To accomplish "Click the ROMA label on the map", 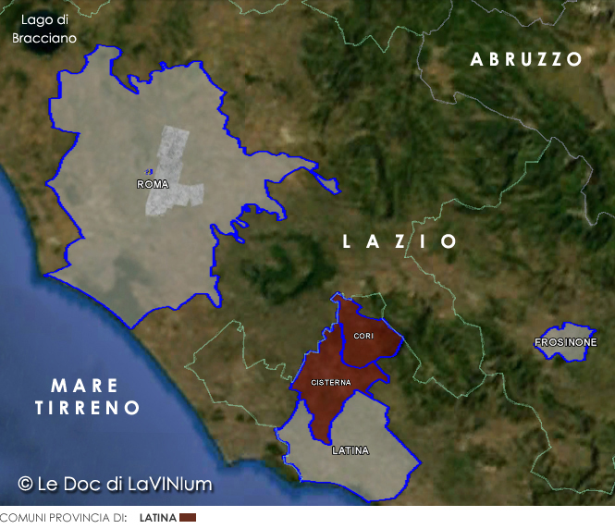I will [x=153, y=185].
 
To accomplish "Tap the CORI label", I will [x=363, y=336].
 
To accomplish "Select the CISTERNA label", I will [x=330, y=382].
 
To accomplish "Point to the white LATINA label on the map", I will [x=351, y=451].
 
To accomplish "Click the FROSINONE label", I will [x=566, y=343].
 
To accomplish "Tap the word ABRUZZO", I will [x=526, y=59].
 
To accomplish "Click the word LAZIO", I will [x=400, y=241].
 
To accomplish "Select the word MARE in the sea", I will [x=84, y=386].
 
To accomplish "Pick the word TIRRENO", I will [x=88, y=408].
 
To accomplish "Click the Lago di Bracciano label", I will [x=43, y=29].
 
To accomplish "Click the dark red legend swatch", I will [x=188, y=518].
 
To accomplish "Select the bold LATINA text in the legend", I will [x=158, y=518].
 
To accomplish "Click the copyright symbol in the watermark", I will [x=26, y=484].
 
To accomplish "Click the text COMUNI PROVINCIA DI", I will [x=63, y=518].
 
